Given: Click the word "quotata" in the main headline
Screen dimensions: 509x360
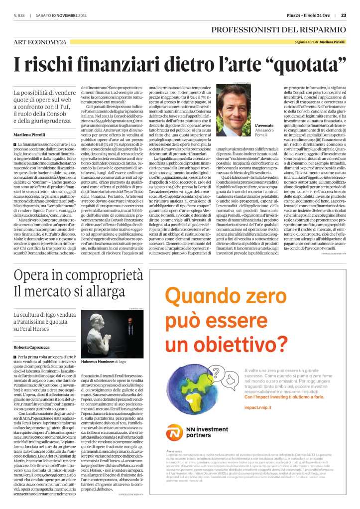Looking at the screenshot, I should (304, 65).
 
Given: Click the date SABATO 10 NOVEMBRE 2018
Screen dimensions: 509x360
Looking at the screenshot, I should (70, 14).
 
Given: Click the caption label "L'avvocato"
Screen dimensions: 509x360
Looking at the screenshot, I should (263, 126).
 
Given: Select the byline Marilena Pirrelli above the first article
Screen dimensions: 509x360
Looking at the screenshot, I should (29, 134).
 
